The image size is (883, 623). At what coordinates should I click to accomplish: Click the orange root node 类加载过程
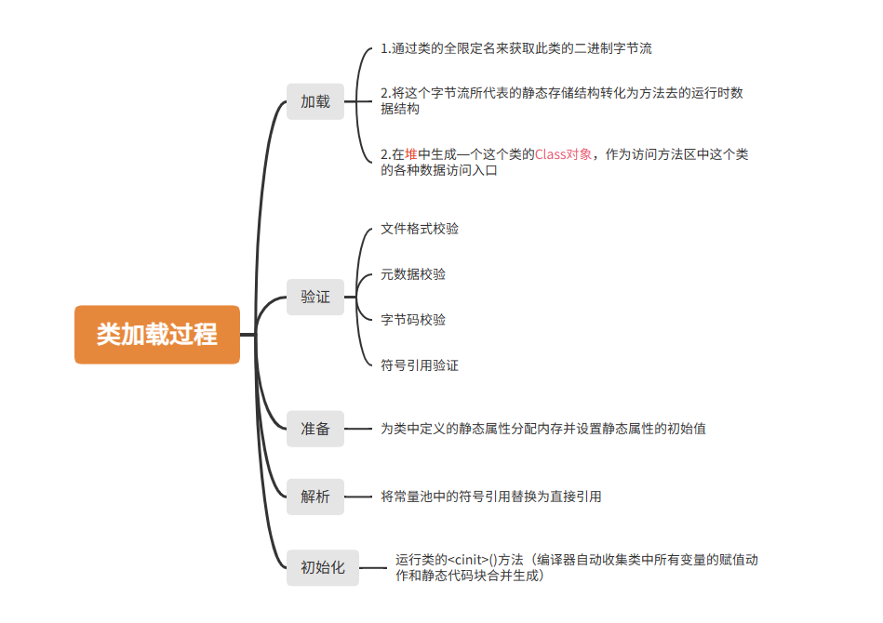coord(157,335)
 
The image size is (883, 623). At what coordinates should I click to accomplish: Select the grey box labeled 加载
coord(315,101)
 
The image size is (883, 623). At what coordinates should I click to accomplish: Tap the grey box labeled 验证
coord(315,297)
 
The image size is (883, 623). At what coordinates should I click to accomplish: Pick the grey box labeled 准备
coord(315,429)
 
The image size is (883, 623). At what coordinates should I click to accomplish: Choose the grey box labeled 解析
coord(315,497)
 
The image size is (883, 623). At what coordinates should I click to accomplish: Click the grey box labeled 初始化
coord(323,567)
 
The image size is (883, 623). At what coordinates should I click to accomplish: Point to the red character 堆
coord(411,154)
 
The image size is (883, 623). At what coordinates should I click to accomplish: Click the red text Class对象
coord(563,154)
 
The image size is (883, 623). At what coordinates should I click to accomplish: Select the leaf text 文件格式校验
coord(420,229)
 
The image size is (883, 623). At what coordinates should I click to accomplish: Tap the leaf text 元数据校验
coord(413,274)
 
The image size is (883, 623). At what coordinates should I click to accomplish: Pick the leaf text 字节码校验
coord(413,320)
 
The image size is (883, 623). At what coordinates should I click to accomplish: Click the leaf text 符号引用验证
coord(420,365)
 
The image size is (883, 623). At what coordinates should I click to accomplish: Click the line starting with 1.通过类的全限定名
coord(516,48)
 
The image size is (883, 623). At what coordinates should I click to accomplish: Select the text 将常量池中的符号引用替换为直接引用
coord(491,497)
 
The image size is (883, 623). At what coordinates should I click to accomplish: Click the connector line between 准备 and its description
coord(358,429)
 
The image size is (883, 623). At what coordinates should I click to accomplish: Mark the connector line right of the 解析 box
coord(358,497)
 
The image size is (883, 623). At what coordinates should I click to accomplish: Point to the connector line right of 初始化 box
coord(373,567)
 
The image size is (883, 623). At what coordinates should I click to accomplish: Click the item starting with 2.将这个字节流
coord(562,100)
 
